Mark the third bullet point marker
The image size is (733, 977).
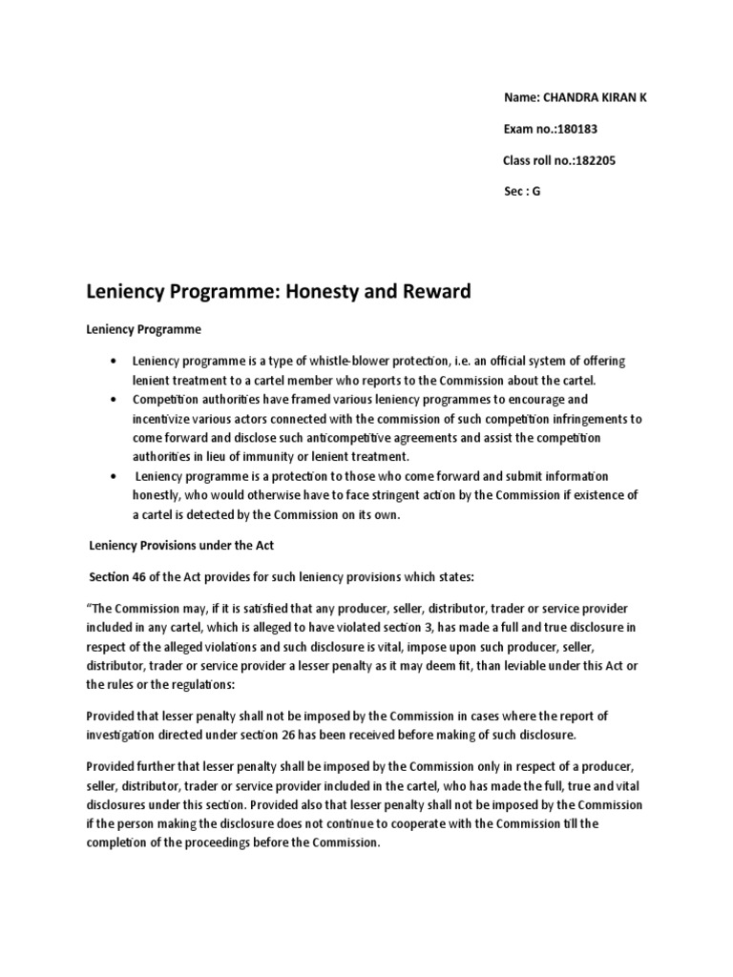tap(115, 475)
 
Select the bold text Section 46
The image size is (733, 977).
tap(118, 577)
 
